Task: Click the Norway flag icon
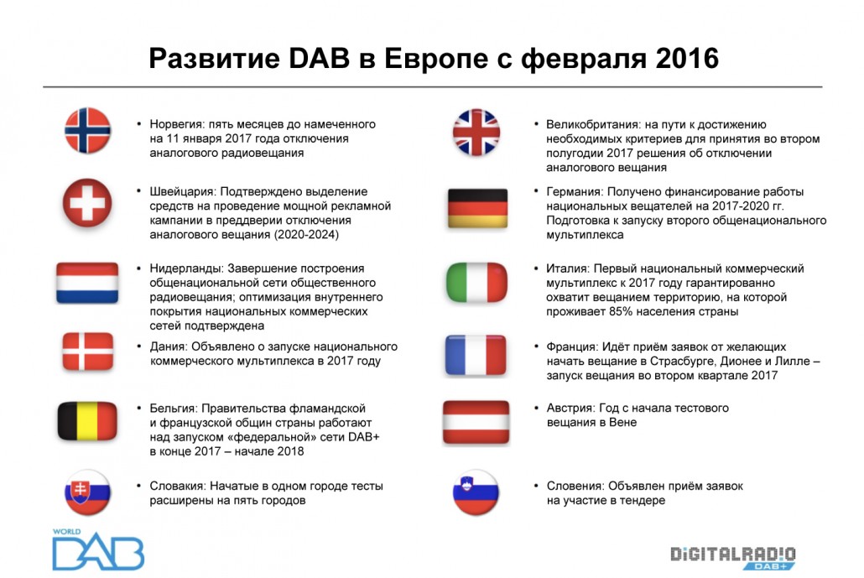click(87, 131)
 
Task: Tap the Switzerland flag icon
click(87, 203)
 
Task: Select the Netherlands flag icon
click(87, 283)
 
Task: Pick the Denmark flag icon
click(87, 351)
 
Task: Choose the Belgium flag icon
click(87, 421)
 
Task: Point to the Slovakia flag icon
click(87, 492)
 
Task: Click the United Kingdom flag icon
click(476, 133)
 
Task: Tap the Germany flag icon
click(478, 208)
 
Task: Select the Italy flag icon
click(476, 283)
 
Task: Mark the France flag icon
click(476, 356)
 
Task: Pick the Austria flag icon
click(476, 422)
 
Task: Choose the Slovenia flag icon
click(476, 492)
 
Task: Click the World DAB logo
click(98, 549)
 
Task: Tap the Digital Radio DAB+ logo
click(733, 558)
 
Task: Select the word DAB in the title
click(319, 59)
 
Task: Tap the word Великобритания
click(592, 124)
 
